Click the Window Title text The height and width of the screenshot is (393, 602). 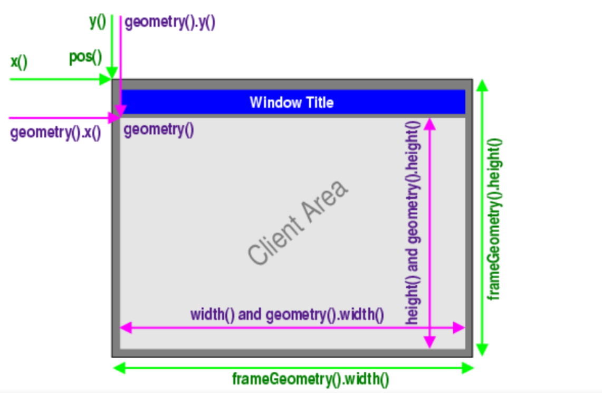(291, 102)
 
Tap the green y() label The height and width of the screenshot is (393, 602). (97, 22)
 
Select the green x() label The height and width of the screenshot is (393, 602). (19, 61)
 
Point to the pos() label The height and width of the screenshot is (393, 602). (85, 57)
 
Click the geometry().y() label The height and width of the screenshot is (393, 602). (170, 23)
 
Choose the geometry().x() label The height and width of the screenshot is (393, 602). (55, 132)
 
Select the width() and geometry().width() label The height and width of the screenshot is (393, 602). (287, 315)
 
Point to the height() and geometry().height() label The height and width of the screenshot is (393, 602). (412, 222)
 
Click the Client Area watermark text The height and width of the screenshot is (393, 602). (297, 222)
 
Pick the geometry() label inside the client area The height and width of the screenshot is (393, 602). (159, 129)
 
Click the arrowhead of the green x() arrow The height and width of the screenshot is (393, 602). (107, 80)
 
